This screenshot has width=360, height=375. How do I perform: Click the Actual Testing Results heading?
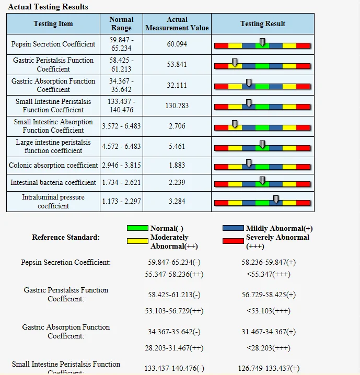pos(48,7)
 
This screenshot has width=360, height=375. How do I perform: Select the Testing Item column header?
pos(53,24)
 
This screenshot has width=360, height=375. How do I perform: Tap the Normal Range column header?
pos(121,24)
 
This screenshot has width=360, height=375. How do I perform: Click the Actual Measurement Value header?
pos(177,24)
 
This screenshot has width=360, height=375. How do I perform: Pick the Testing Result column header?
pos(262,24)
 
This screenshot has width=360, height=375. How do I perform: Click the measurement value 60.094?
pos(177,44)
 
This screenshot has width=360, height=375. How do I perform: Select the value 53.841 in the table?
pos(177,65)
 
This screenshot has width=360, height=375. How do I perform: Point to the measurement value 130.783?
pos(177,106)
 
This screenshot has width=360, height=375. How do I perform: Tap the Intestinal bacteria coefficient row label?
pos(53,182)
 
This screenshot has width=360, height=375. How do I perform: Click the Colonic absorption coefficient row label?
pos(53,165)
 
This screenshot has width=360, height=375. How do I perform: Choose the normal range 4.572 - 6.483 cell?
pos(121,146)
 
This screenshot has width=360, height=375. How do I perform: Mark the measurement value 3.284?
pos(177,201)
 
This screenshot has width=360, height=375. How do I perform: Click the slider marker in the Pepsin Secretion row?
pos(262,42)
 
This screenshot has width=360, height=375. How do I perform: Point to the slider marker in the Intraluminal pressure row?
pos(276,199)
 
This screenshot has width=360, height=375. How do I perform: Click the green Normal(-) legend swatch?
pos(138,228)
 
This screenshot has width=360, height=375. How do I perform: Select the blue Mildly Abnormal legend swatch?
pos(234,228)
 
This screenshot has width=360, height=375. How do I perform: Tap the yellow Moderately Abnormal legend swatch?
pos(138,241)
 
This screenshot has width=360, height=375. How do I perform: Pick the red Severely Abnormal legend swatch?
pos(234,241)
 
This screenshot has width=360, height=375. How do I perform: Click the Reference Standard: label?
pos(66,237)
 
